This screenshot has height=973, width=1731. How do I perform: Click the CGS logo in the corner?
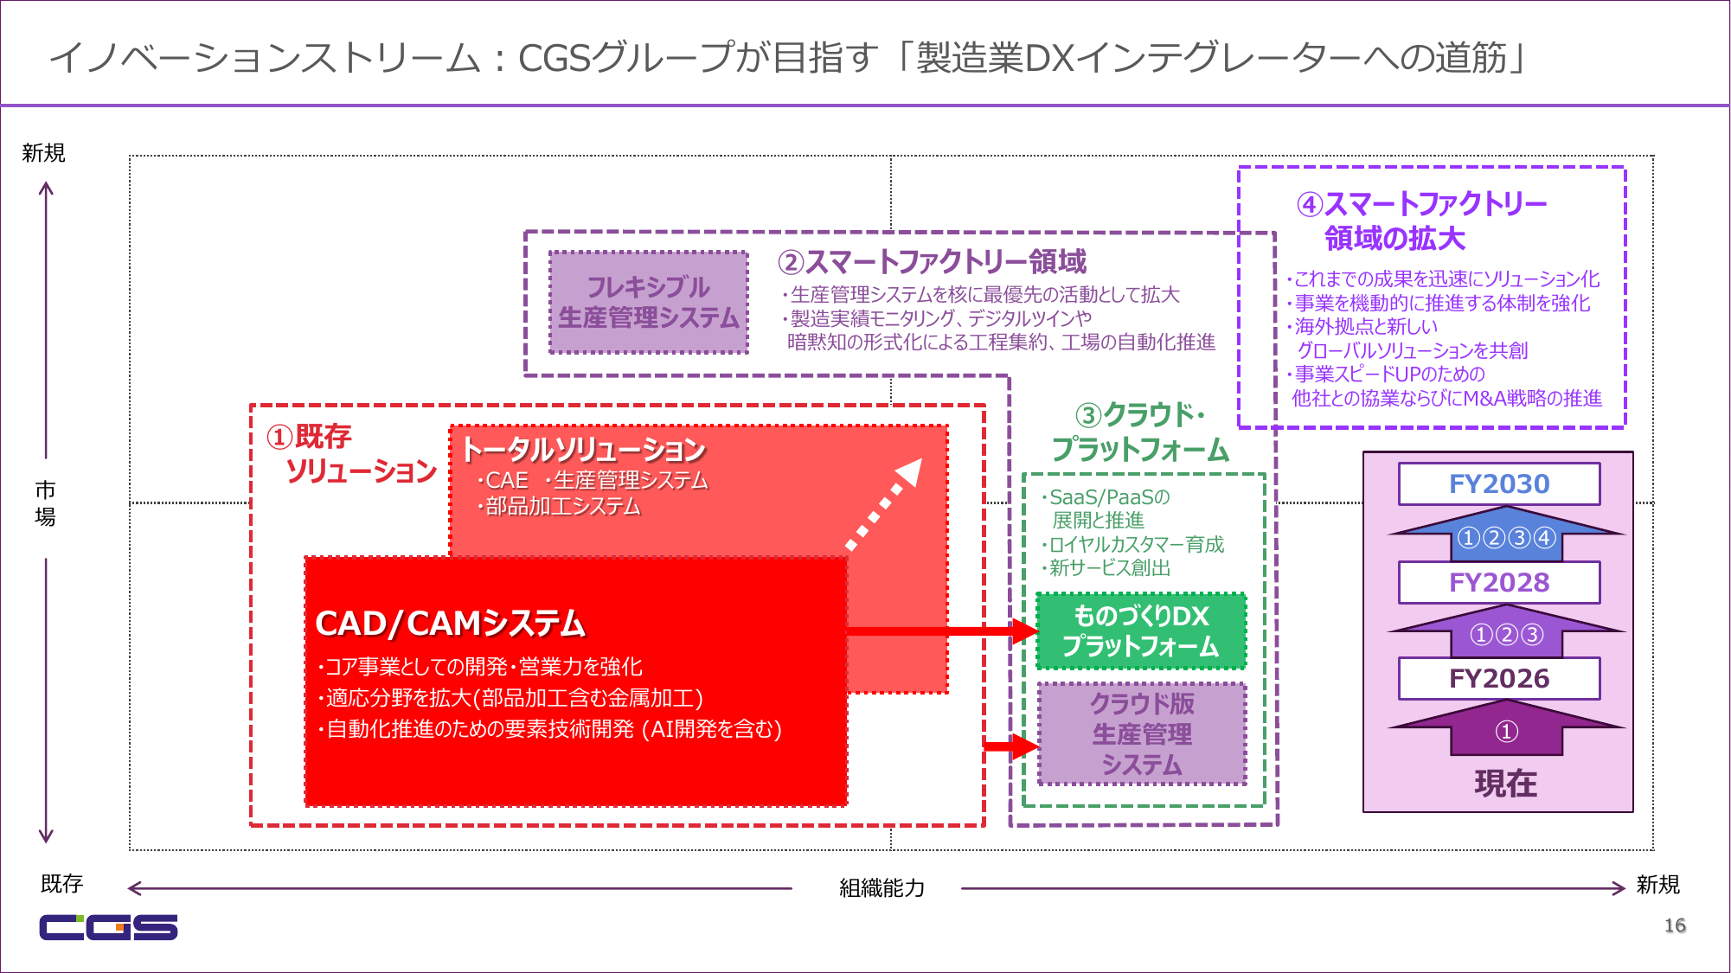point(108,926)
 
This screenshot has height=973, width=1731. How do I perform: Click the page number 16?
point(1675,925)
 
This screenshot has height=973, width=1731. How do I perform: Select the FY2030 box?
point(1499,484)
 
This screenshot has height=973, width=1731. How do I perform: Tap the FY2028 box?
point(1499,583)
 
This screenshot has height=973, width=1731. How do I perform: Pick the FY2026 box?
point(1499,679)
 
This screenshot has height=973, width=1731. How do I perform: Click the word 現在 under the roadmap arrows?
point(1506,784)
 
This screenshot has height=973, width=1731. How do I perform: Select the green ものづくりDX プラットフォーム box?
point(1141,631)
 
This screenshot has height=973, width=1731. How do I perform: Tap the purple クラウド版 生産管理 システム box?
point(1142,734)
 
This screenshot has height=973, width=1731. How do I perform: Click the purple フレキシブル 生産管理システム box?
point(649,303)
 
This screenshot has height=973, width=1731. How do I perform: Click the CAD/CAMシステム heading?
point(450,624)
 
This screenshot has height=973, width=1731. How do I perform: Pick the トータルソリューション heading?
point(584,450)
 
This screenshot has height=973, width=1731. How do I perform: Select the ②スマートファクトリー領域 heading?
point(932,261)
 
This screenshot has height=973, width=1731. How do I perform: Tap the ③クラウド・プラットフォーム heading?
point(1140,432)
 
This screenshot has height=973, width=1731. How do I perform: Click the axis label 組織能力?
point(882,888)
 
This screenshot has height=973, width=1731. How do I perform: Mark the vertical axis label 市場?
point(45,503)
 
